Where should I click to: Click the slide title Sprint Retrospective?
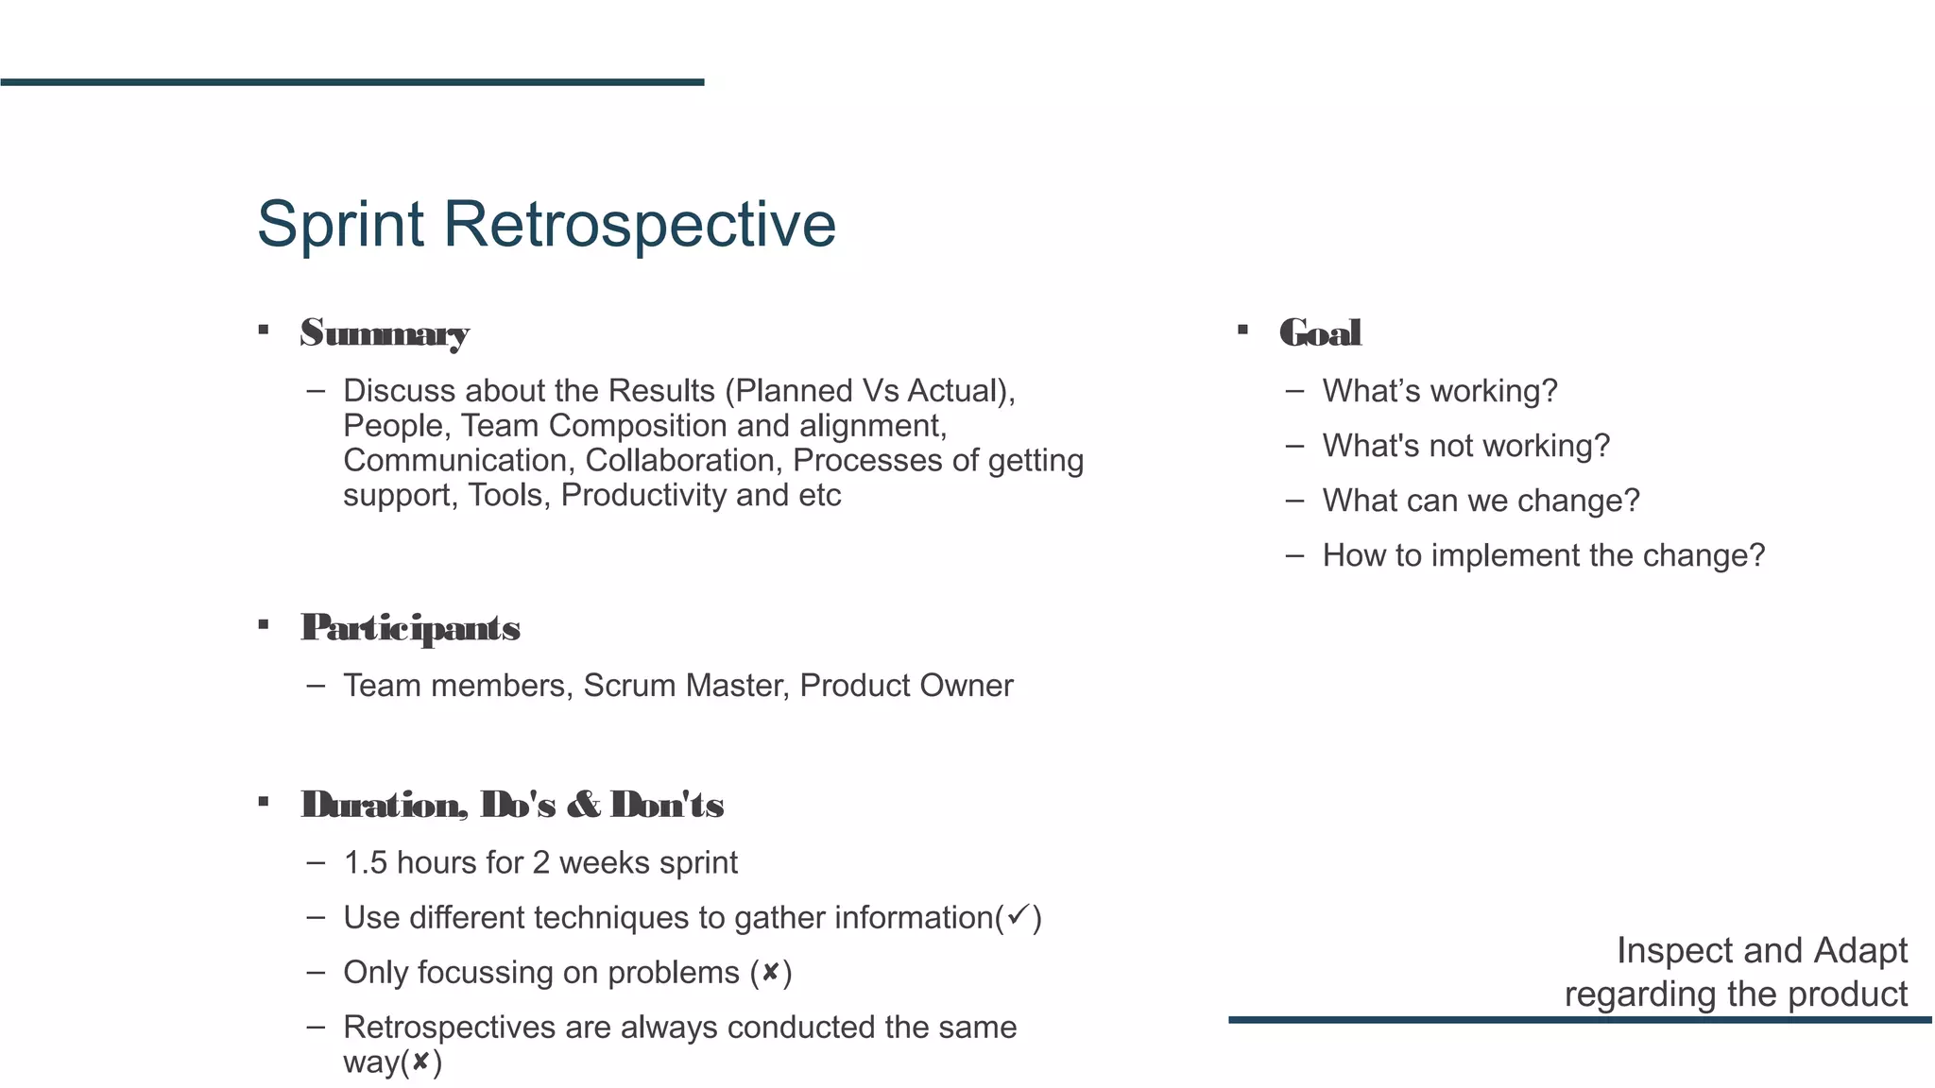[x=546, y=225]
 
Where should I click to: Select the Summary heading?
[x=385, y=333]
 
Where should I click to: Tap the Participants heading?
[x=410, y=628]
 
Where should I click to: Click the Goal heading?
[x=1320, y=333]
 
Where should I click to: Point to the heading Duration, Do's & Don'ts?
[x=512, y=806]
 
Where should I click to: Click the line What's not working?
[x=1465, y=446]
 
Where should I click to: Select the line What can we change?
[x=1481, y=501]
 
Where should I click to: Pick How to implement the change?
[x=1543, y=555]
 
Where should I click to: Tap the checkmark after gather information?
[x=1018, y=915]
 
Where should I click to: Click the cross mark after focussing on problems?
[x=771, y=972]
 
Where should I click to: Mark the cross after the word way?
[x=420, y=1062]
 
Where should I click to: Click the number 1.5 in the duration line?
[x=365, y=863]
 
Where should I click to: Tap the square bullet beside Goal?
[x=1242, y=331]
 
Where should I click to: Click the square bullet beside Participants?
[x=264, y=625]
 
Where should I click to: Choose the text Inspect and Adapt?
[x=1761, y=950]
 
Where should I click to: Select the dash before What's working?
[x=1294, y=391]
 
